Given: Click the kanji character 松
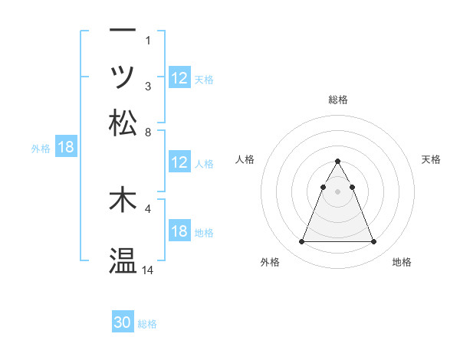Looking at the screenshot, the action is (x=123, y=122).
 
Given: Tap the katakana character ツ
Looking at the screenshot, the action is (x=123, y=77).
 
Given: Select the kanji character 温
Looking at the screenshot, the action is (x=123, y=261).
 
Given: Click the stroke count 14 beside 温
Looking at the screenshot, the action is (x=149, y=270).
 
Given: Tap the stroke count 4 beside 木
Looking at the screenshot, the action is (x=149, y=208).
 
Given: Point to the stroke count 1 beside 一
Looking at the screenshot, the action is (x=149, y=39).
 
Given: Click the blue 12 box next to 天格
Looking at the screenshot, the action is (x=179, y=78).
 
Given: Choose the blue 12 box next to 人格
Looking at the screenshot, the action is (x=179, y=162).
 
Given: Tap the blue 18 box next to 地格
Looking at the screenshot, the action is (x=179, y=231).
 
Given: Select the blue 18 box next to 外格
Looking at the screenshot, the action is (x=66, y=148).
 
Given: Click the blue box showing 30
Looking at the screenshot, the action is (x=123, y=322).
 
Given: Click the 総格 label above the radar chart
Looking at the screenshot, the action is (x=338, y=100).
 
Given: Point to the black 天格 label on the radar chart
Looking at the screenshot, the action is (x=432, y=159).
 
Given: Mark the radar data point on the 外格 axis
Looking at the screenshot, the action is (x=301, y=242).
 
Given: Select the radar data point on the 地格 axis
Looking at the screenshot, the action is (x=374, y=242).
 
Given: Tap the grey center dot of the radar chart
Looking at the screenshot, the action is (x=338, y=191).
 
